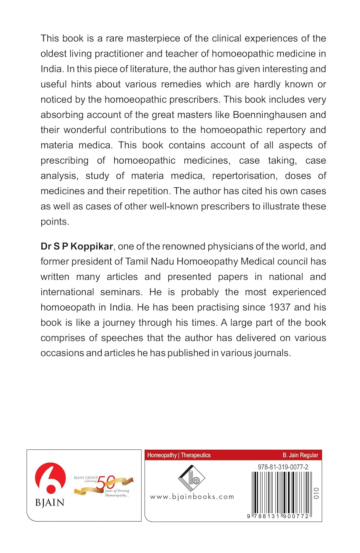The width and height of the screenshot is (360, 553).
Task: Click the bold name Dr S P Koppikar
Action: (77, 246)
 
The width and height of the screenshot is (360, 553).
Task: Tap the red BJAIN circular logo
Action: (50, 478)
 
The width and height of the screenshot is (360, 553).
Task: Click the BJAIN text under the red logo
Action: (50, 502)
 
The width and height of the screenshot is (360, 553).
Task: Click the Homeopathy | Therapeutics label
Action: (179, 455)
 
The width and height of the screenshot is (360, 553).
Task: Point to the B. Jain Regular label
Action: (300, 455)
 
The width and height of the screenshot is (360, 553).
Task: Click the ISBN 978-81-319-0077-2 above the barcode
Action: (283, 467)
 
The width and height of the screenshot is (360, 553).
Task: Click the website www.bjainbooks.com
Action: (192, 497)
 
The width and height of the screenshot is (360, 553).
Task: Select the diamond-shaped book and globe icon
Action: (191, 478)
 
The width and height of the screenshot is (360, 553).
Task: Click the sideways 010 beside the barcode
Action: (316, 493)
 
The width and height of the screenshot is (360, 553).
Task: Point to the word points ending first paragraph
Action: (55, 222)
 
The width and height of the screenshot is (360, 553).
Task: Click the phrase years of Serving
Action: (117, 491)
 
